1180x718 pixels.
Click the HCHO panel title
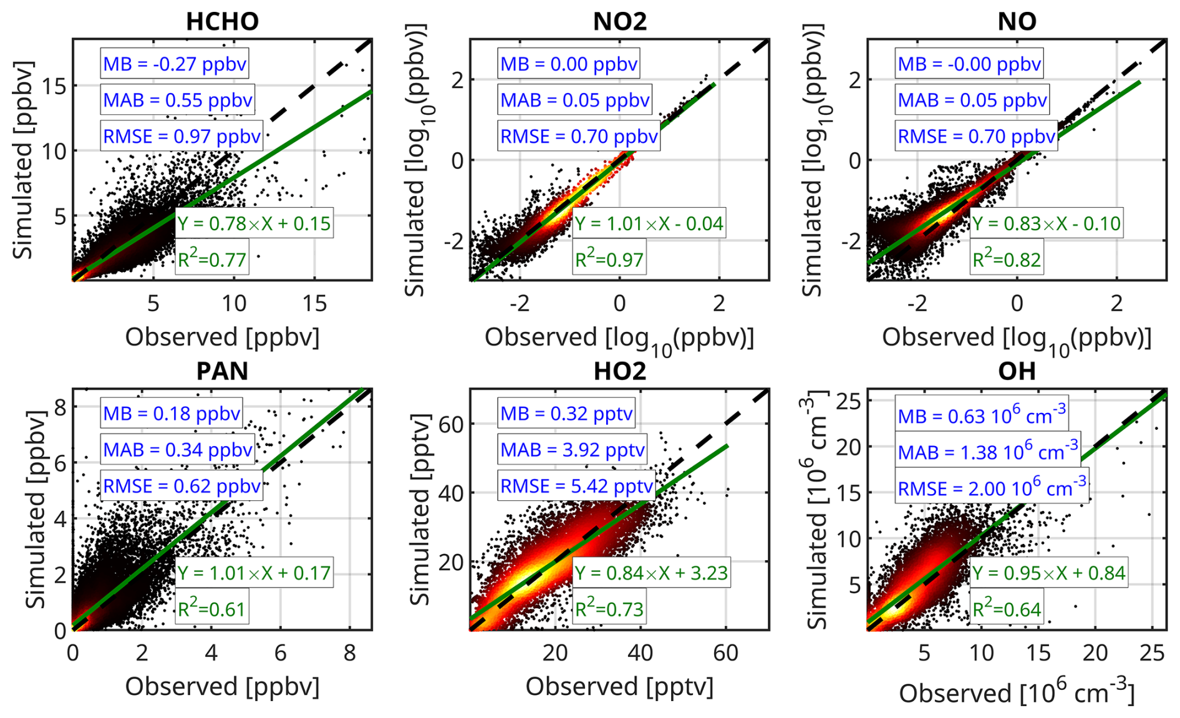(222, 21)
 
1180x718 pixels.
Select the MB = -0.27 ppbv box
(175, 64)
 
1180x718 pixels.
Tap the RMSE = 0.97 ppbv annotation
(181, 136)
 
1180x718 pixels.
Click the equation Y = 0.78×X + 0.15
(254, 223)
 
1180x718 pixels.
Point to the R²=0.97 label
(609, 259)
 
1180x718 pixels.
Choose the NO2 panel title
(619, 21)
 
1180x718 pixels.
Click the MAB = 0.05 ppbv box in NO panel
(972, 100)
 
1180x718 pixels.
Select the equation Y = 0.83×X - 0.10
(1047, 223)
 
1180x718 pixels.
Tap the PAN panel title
(222, 371)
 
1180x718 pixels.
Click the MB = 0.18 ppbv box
(172, 413)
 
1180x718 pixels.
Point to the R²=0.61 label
(211, 608)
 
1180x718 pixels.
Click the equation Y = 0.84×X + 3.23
(650, 572)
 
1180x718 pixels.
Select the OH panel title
(1017, 371)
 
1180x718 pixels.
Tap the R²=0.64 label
(1007, 608)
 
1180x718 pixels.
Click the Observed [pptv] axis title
(619, 686)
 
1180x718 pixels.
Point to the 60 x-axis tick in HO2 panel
(725, 653)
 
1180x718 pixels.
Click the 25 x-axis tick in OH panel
(1151, 653)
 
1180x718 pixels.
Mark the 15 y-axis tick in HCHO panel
(55, 85)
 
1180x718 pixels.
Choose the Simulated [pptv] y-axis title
(420, 509)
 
